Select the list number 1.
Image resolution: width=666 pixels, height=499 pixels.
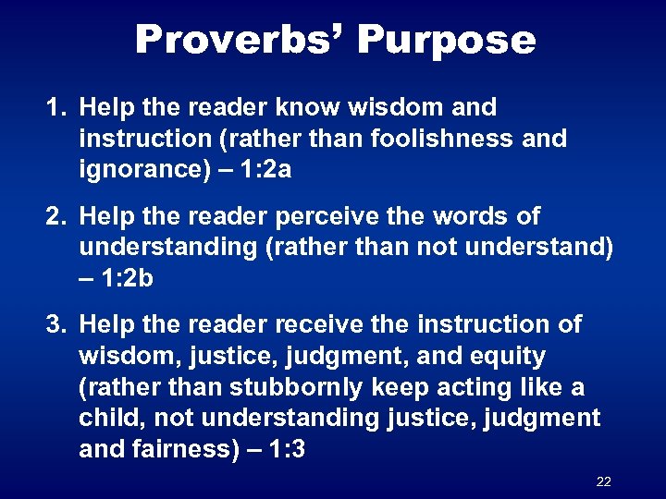point(55,108)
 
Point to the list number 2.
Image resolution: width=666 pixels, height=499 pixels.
point(55,216)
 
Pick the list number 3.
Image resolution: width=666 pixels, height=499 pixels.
point(55,324)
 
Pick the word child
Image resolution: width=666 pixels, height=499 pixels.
point(107,419)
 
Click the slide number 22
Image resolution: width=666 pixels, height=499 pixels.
point(604,481)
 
